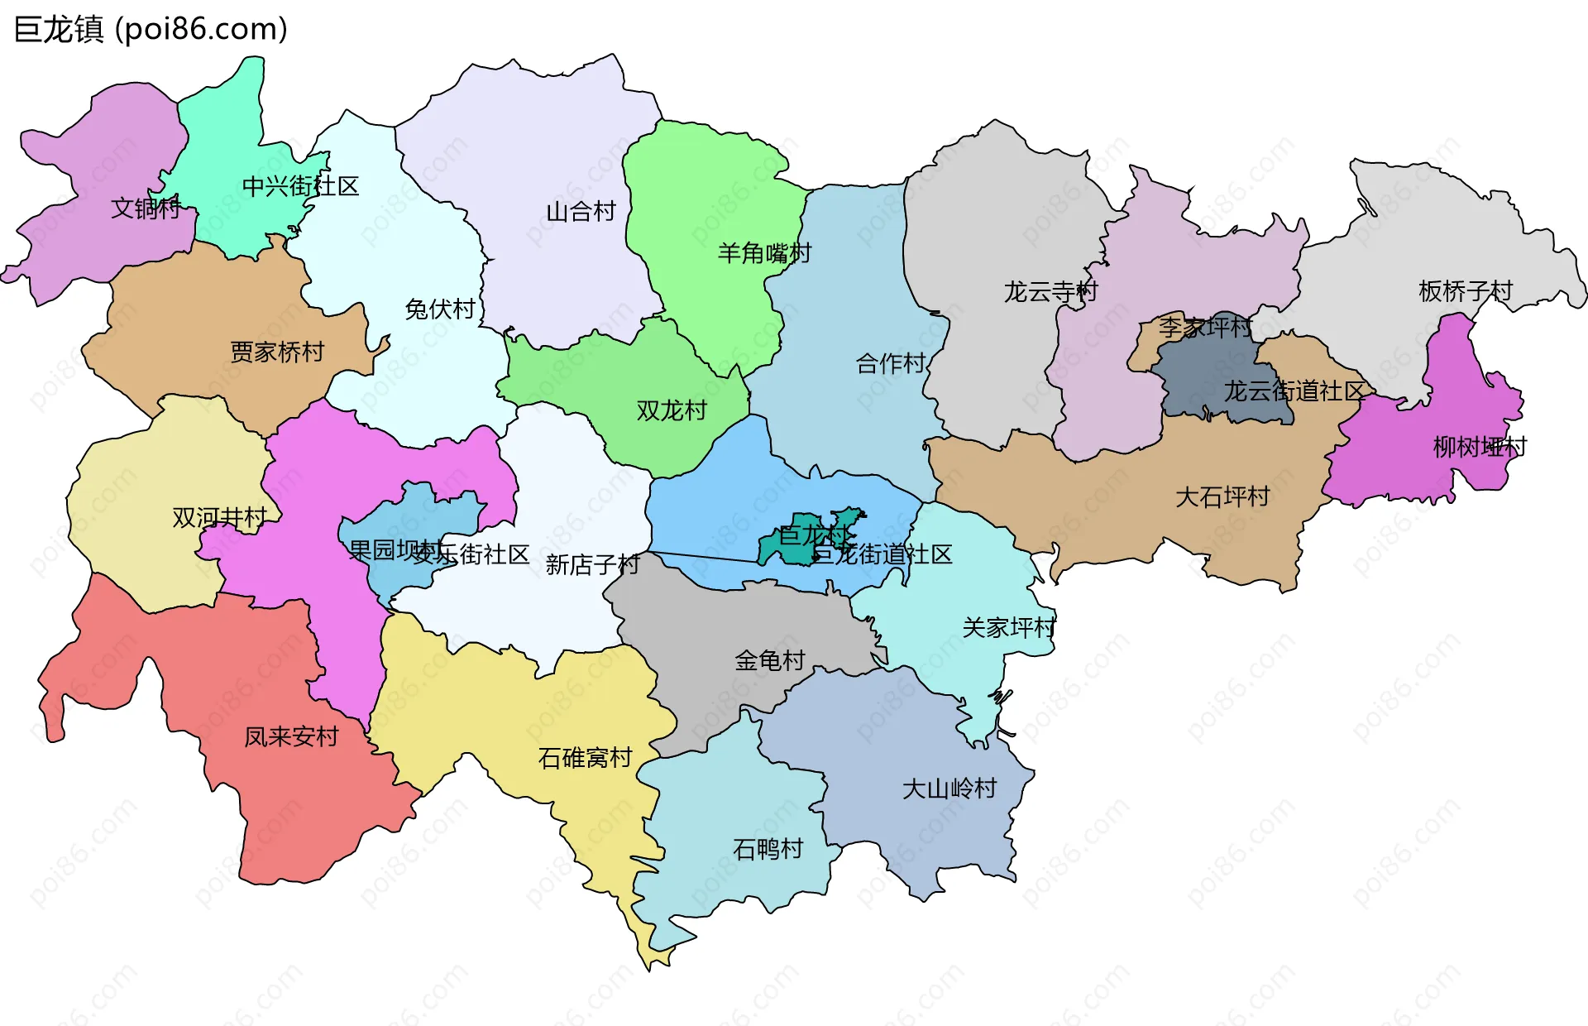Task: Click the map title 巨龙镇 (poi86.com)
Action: tap(151, 30)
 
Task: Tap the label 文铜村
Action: tap(146, 208)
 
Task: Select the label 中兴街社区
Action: tap(300, 186)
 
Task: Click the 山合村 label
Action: tap(581, 212)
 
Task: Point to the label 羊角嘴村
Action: tap(764, 253)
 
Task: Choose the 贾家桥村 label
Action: tap(277, 352)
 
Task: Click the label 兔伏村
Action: tap(440, 309)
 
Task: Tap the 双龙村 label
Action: tap(672, 410)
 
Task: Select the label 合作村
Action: tap(890, 363)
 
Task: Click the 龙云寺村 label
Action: tap(1050, 292)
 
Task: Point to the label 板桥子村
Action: tap(1465, 291)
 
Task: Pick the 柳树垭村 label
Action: tap(1480, 448)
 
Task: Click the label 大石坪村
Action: tap(1222, 497)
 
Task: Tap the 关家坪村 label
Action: tap(1009, 628)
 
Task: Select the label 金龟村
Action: tap(769, 660)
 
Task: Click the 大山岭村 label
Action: tap(949, 789)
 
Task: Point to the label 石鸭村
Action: tap(768, 849)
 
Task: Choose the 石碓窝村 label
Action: tap(585, 758)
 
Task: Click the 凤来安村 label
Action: tap(291, 736)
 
